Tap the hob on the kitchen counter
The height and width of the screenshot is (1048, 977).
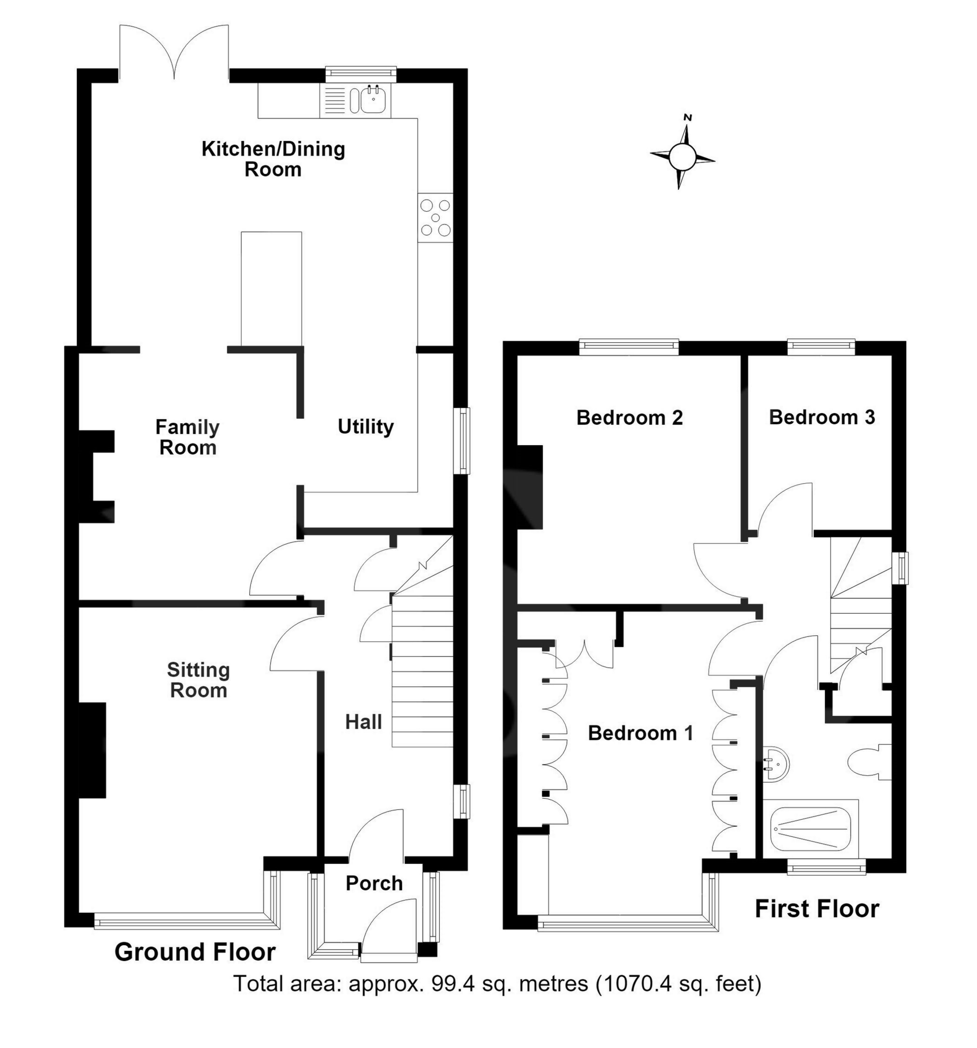pyautogui.click(x=435, y=217)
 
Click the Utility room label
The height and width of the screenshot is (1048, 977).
pyautogui.click(x=365, y=426)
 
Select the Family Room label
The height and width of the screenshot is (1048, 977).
pyautogui.click(x=188, y=437)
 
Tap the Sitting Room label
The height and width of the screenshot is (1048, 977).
pyautogui.click(x=198, y=680)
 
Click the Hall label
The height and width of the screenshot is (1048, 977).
pyautogui.click(x=363, y=722)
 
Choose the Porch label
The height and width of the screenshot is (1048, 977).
pyautogui.click(x=375, y=883)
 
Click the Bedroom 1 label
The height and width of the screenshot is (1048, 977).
pyautogui.click(x=640, y=733)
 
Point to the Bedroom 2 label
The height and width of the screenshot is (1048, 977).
pyautogui.click(x=629, y=418)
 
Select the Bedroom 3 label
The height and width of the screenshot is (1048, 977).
pyautogui.click(x=822, y=417)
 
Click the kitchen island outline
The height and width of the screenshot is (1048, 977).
pyautogui.click(x=272, y=289)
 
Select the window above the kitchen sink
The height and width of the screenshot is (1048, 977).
pyautogui.click(x=361, y=74)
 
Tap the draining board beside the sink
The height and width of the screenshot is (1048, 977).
pyautogui.click(x=334, y=100)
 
